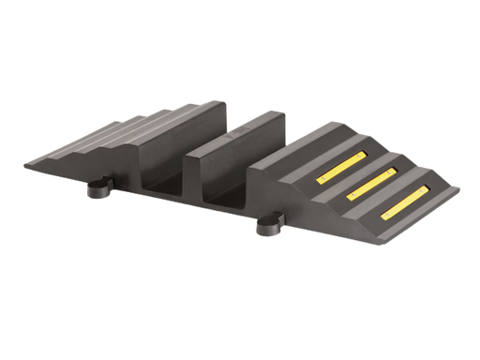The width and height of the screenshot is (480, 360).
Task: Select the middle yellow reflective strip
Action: (x=370, y=184)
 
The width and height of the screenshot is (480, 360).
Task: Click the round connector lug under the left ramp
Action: (x=97, y=191)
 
